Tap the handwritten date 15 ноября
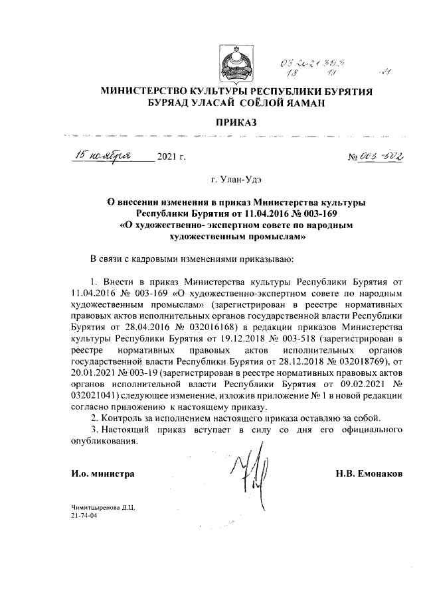coord(104,156)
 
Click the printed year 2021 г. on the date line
coord(172,158)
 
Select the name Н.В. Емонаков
coord(369,475)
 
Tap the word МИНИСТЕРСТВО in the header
coord(139,91)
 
